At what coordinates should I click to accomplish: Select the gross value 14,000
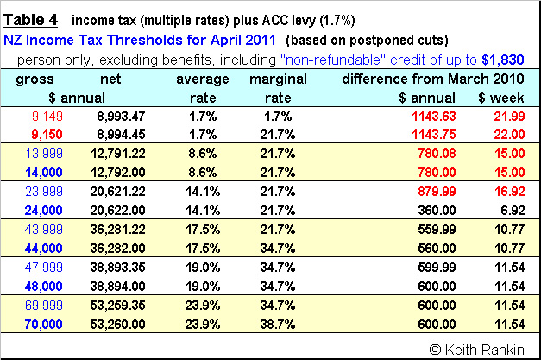[34, 171]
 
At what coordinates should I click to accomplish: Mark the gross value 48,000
[34, 283]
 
